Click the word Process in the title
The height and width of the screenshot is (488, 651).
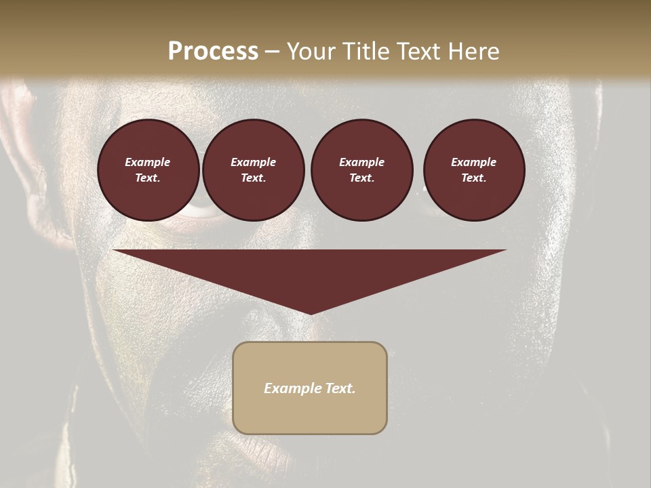pos(213,51)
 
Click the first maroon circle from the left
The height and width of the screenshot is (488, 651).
pos(148,170)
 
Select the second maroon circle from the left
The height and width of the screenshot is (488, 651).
pos(253,170)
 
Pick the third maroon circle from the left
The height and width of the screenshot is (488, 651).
pos(361,170)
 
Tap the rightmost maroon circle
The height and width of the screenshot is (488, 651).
pos(473,170)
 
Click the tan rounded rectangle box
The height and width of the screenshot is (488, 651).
pos(310,388)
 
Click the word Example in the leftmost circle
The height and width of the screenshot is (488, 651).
pos(148,162)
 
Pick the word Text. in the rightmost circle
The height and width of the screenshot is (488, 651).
pos(473,178)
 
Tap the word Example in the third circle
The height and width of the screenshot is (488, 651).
pos(361,162)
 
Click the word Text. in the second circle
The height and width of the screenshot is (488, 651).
pos(253,178)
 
